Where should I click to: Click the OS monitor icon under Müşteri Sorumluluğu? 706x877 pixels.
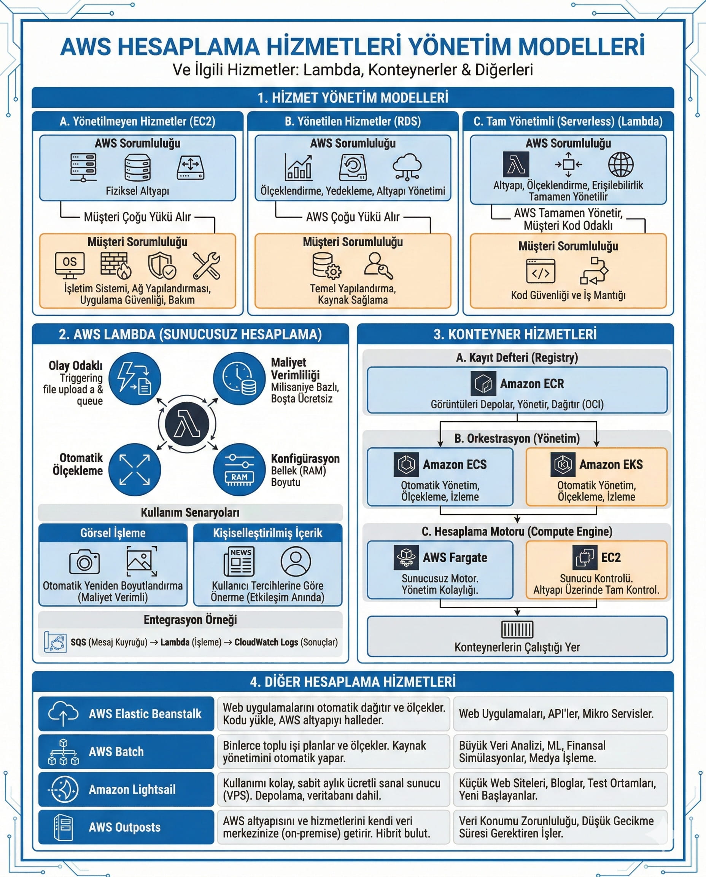point(70,265)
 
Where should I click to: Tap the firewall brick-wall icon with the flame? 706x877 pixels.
point(116,265)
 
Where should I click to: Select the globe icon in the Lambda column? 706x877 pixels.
point(620,165)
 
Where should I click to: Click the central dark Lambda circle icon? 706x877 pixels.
point(187,424)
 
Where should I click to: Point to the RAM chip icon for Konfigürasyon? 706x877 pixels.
point(239,470)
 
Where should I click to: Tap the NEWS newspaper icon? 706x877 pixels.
point(240,561)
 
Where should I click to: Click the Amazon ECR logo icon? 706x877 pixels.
point(483,383)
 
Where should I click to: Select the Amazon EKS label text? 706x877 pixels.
point(611,464)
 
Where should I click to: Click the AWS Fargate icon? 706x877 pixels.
point(406,557)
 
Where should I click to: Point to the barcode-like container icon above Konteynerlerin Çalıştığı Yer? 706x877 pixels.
point(517,629)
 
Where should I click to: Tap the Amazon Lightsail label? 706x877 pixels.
point(132,789)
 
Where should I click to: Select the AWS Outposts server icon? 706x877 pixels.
point(63,828)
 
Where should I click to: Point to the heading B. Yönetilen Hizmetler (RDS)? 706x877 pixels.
point(353,121)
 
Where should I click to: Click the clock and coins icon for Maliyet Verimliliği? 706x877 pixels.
point(239,378)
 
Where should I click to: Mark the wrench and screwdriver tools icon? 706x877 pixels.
point(207,265)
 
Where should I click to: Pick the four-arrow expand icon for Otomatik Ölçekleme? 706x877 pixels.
point(134,470)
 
